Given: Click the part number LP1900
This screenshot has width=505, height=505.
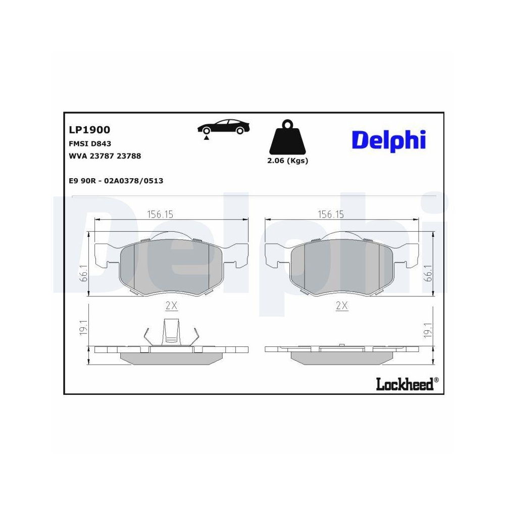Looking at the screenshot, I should click(89, 130).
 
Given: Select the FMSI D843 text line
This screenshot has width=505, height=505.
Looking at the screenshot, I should click(90, 143).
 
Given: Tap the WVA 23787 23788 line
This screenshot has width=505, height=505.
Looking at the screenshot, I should click(105, 156).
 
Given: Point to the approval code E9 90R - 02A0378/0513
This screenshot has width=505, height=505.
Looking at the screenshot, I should click(116, 180).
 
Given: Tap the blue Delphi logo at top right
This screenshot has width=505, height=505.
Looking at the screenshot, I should click(388, 140).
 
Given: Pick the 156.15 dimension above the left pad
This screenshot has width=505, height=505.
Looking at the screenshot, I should click(160, 214).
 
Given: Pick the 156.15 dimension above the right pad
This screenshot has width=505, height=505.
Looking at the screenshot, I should click(330, 214).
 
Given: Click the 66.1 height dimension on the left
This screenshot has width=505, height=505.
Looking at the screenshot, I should click(84, 273).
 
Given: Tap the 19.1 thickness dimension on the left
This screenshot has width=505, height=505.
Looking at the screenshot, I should click(84, 328).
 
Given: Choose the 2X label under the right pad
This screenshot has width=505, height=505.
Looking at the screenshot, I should click(342, 306).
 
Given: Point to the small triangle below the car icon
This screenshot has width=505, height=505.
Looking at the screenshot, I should click(206, 137).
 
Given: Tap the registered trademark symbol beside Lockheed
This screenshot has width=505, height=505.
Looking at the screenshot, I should click(436, 380).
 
